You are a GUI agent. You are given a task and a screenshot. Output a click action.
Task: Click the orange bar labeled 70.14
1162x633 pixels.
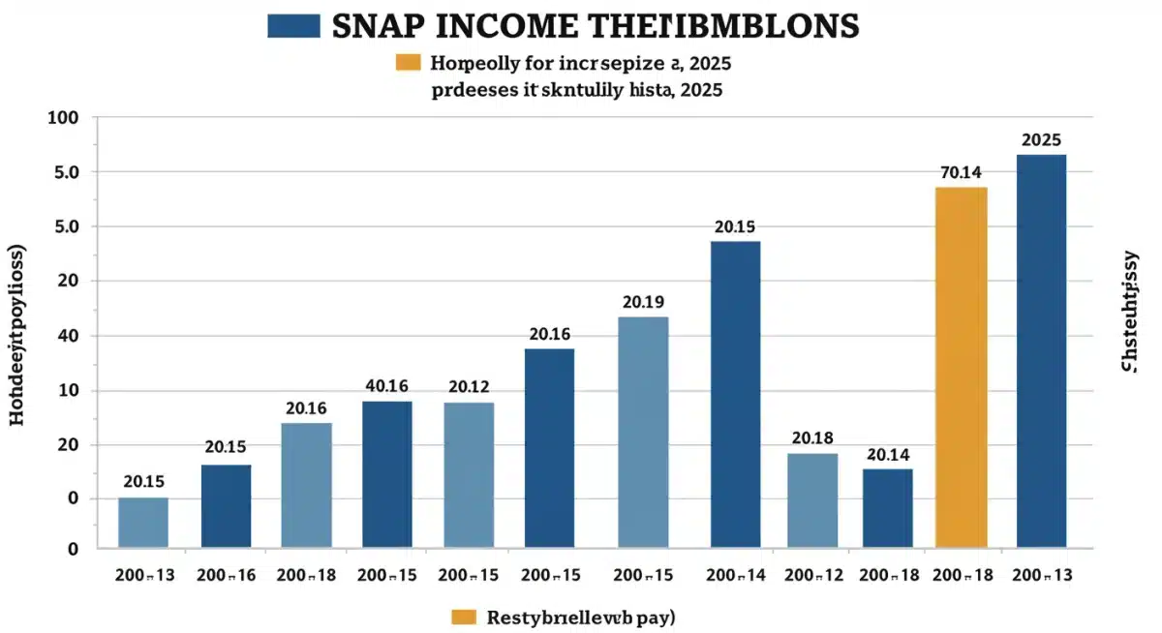click(x=961, y=368)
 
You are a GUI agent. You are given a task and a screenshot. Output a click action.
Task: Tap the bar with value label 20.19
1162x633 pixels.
click(x=643, y=432)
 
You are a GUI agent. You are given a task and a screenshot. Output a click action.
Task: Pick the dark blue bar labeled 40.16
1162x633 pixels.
click(x=386, y=474)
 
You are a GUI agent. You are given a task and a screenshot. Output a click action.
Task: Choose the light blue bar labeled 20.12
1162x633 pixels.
click(x=469, y=474)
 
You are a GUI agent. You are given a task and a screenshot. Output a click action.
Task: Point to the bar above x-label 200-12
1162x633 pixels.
click(x=812, y=499)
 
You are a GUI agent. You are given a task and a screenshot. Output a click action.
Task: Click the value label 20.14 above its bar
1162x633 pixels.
click(x=888, y=453)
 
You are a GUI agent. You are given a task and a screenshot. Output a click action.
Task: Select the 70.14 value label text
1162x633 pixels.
click(x=961, y=172)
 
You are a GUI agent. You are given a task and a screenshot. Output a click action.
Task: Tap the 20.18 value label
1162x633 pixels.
click(x=812, y=437)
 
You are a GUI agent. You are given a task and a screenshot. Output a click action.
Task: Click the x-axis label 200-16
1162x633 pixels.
click(x=226, y=575)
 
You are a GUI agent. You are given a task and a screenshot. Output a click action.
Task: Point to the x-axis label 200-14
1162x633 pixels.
click(x=736, y=575)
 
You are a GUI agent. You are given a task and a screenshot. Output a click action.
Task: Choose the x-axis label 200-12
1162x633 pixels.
click(x=812, y=575)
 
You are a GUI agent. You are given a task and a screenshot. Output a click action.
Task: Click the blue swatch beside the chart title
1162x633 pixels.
click(x=293, y=26)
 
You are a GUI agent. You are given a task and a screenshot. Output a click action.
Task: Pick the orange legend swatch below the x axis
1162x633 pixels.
click(x=464, y=617)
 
